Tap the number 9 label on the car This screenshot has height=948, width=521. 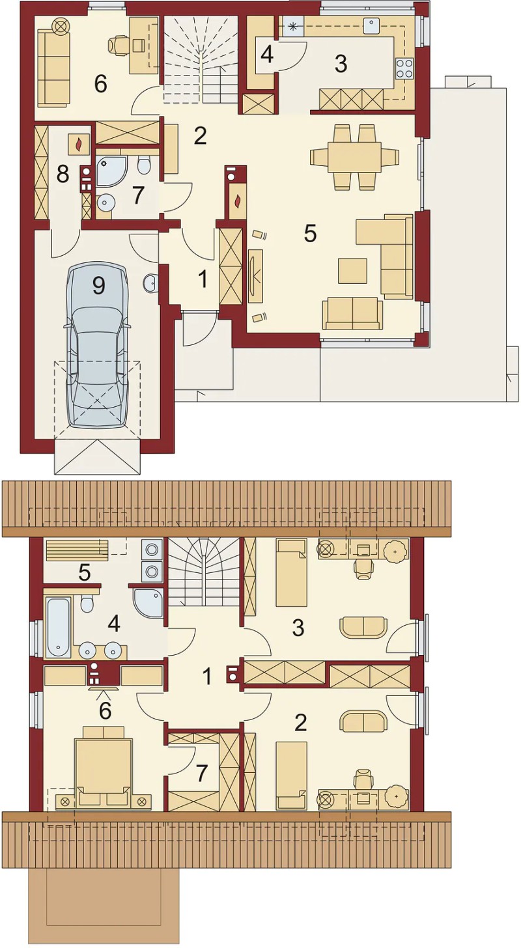[x=98, y=286]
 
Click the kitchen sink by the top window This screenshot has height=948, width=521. [x=373, y=26]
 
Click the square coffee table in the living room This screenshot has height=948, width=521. [x=352, y=270]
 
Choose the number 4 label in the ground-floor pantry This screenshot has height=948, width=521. [x=266, y=55]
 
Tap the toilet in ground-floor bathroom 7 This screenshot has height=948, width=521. [x=143, y=165]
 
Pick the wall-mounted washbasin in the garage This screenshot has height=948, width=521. [x=150, y=283]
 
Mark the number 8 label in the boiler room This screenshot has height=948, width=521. [x=63, y=174]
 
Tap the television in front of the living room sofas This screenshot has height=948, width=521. [x=255, y=276]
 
